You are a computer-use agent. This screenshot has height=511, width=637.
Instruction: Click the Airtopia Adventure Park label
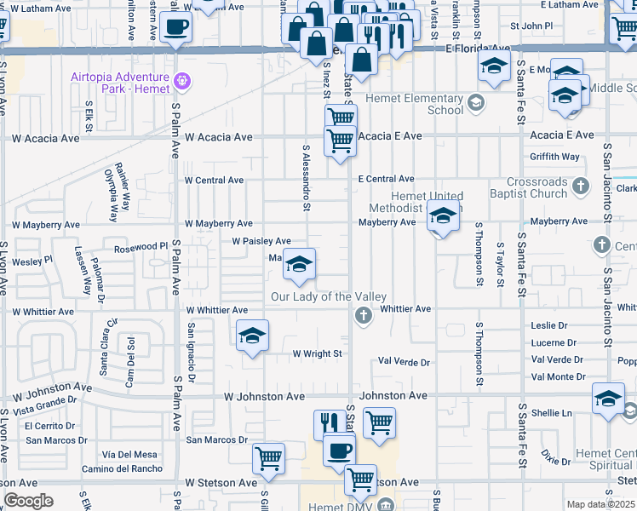click(121, 83)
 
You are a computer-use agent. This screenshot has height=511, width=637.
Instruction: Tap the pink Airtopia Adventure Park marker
click(181, 83)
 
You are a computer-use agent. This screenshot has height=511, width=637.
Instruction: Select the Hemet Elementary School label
click(415, 104)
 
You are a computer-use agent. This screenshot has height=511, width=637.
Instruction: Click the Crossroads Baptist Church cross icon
click(580, 185)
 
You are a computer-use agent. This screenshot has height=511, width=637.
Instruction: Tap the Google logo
click(28, 501)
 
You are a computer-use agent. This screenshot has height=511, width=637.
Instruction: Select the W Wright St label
click(317, 353)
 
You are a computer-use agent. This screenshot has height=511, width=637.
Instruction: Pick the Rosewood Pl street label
click(141, 247)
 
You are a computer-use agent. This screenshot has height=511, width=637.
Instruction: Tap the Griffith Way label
click(554, 157)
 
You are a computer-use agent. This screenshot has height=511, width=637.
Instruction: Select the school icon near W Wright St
click(252, 336)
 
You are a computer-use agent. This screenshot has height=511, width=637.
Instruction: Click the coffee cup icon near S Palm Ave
click(176, 26)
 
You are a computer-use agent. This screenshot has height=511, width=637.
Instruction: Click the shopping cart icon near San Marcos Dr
click(269, 458)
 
